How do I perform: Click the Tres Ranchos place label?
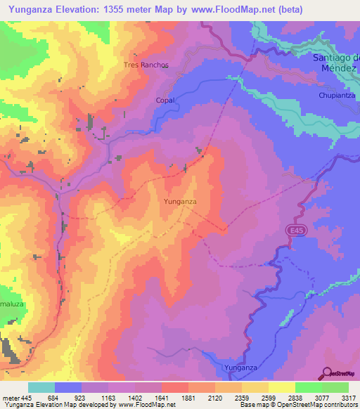coord(146,65)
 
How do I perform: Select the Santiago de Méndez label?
coord(335,63)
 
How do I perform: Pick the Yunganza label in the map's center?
coord(179,202)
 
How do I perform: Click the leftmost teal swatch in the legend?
coord(41,387)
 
